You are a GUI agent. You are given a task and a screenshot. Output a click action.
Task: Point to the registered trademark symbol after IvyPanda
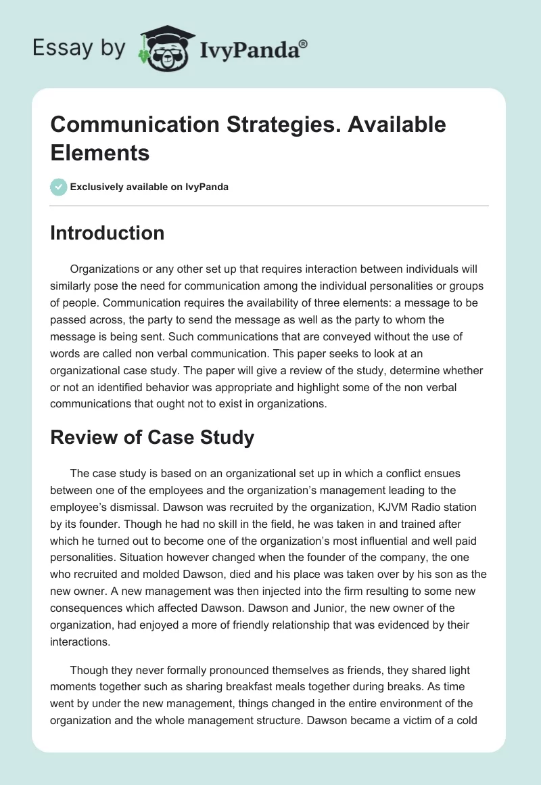click(x=304, y=44)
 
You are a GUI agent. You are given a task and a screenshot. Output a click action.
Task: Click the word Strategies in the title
click(x=270, y=125)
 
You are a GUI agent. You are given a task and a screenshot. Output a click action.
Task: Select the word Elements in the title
click(x=100, y=153)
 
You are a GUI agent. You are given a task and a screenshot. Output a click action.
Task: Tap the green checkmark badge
click(x=59, y=187)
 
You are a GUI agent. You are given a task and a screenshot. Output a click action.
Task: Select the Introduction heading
click(x=108, y=233)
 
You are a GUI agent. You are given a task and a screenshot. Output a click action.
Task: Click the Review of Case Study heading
click(x=152, y=437)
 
